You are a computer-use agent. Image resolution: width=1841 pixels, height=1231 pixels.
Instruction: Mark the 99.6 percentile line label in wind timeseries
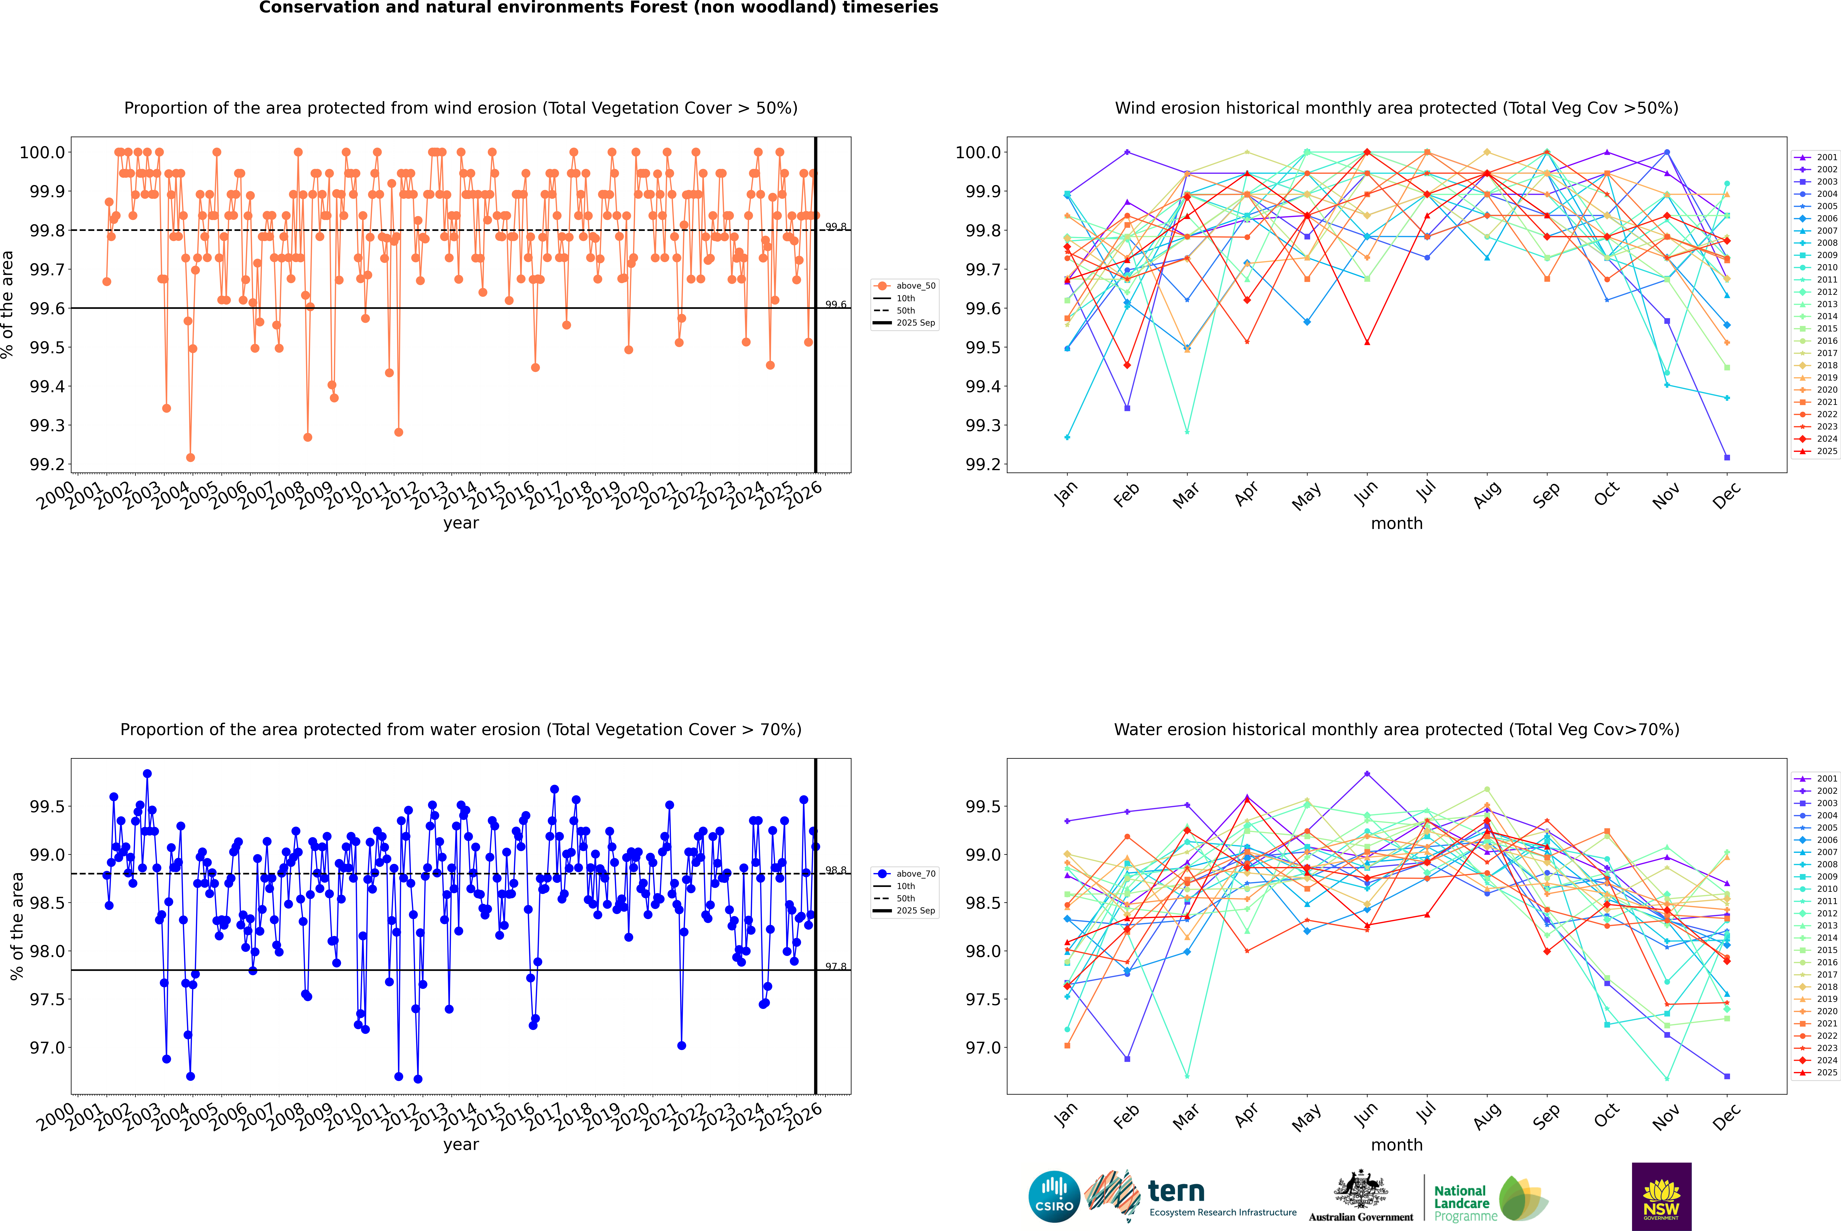(x=836, y=305)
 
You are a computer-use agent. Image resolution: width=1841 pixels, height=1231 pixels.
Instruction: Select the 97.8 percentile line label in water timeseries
(x=836, y=966)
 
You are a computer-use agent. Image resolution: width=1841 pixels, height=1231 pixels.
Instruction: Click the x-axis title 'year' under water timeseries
(x=461, y=1145)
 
